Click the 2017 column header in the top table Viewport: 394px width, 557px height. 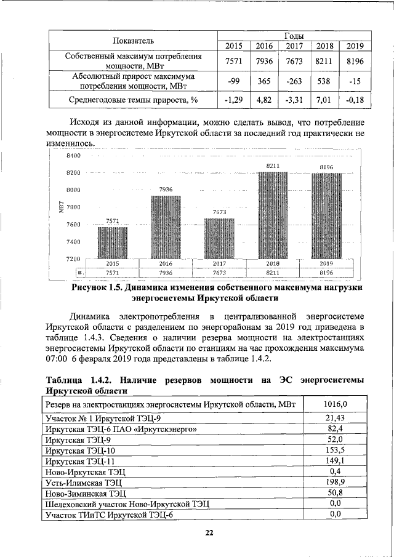[295, 46]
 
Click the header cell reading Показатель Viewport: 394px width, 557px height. [133, 41]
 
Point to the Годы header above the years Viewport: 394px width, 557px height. [294, 35]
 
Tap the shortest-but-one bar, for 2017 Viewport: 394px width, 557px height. [220, 239]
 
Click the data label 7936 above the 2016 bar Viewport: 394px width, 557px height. [166, 189]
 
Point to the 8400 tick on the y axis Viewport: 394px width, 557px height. [74, 156]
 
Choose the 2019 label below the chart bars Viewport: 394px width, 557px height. [326, 263]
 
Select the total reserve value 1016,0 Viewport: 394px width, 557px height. [336, 404]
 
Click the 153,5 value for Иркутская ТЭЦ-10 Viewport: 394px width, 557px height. [336, 450]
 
